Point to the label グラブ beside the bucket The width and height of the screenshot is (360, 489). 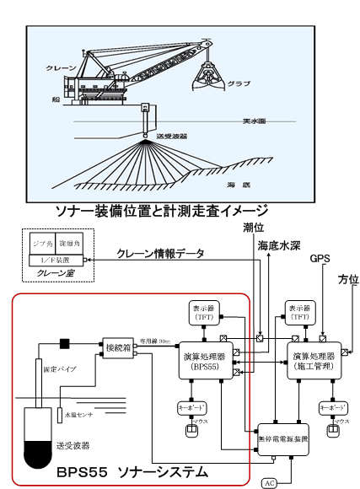[239, 83]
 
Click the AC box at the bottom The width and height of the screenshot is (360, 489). [270, 482]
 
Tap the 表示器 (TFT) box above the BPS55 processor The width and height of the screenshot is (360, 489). [203, 313]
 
